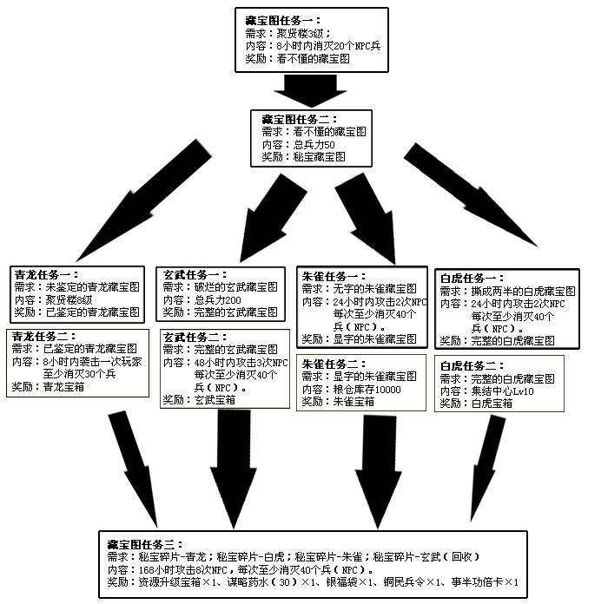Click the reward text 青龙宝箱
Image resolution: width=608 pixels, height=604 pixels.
point(64,388)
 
